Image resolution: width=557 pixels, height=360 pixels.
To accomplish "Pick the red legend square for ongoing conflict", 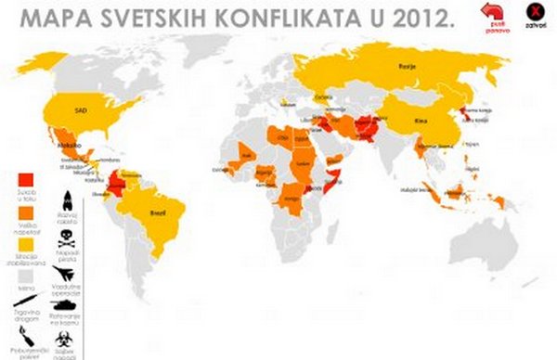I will (28, 180).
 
